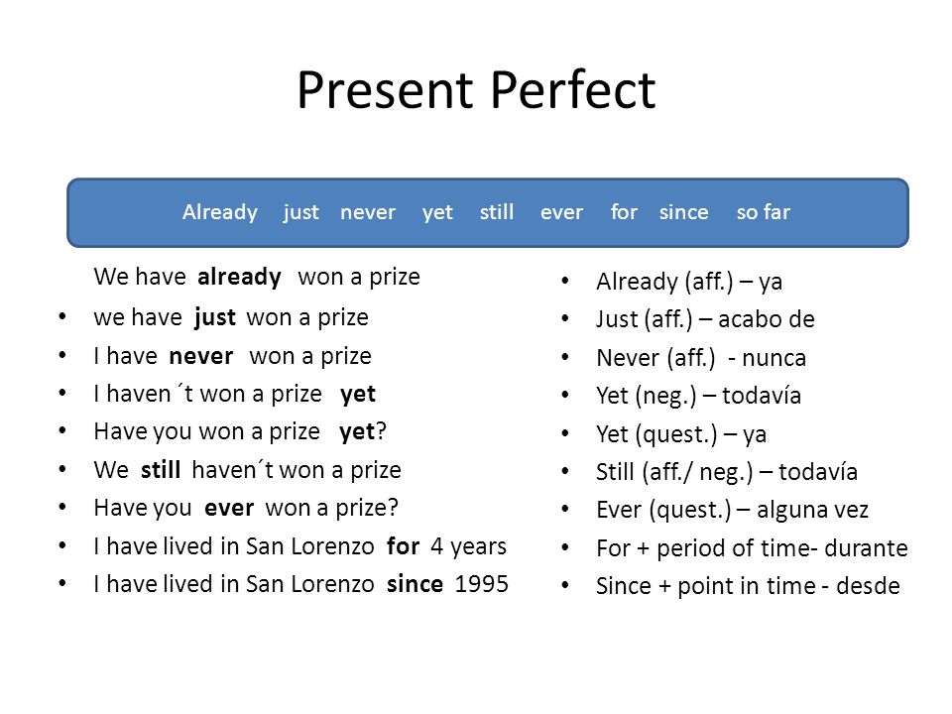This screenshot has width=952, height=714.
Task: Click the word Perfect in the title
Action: (572, 90)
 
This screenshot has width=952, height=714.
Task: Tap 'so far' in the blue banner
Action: (764, 212)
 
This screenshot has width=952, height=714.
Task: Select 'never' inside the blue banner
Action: (367, 212)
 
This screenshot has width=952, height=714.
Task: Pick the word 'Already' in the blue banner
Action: (220, 212)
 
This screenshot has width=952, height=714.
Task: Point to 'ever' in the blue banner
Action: (561, 212)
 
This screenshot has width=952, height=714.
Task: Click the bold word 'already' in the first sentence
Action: (239, 278)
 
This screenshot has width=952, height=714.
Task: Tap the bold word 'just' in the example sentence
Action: (215, 317)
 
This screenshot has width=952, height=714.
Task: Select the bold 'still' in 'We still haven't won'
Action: (161, 470)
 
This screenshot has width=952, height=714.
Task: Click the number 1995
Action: (482, 584)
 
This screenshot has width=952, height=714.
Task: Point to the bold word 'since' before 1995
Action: (415, 584)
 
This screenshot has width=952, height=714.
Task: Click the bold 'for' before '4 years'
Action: (404, 546)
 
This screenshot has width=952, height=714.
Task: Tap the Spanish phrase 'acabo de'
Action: (767, 319)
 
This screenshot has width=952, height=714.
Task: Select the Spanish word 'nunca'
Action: (774, 358)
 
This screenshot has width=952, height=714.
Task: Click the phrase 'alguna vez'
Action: (812, 510)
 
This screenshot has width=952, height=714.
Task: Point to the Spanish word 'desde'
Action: (869, 586)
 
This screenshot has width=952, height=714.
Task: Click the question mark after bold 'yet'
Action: (381, 431)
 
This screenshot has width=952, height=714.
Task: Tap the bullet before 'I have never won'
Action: (62, 356)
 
